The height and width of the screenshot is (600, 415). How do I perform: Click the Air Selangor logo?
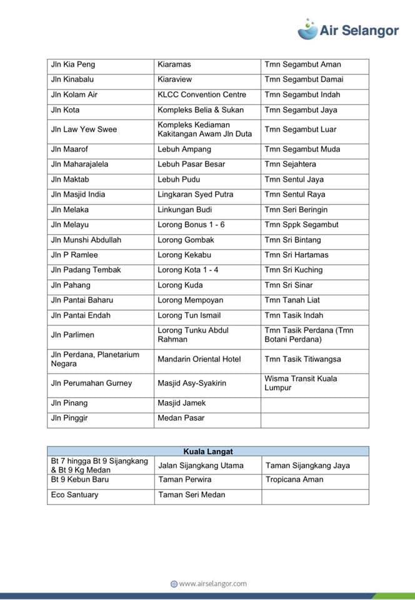[x=348, y=29]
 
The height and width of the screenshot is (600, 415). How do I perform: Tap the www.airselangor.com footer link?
[x=208, y=584]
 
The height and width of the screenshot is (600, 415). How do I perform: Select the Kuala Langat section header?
[x=207, y=451]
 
